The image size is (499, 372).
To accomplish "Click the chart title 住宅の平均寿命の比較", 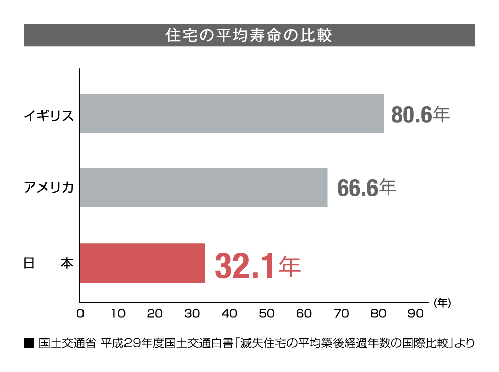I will [249, 36].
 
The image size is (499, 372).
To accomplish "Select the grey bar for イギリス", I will [231, 113].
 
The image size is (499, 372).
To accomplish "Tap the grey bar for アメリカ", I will [203, 188].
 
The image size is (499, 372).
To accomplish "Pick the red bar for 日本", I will [142, 263].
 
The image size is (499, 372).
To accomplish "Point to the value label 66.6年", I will [366, 188].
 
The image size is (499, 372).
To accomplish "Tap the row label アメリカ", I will [49, 188].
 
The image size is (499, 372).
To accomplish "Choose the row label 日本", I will [49, 263].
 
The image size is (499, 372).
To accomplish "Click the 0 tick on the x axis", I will [80, 314].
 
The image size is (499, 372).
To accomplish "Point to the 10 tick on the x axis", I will [117, 314].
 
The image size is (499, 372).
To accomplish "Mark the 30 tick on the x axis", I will [192, 314].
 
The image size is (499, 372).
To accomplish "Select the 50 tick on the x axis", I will [267, 314].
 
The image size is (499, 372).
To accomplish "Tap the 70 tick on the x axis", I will [342, 314].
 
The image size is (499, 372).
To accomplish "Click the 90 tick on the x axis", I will [415, 314].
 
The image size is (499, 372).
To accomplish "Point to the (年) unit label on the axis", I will [442, 303].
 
